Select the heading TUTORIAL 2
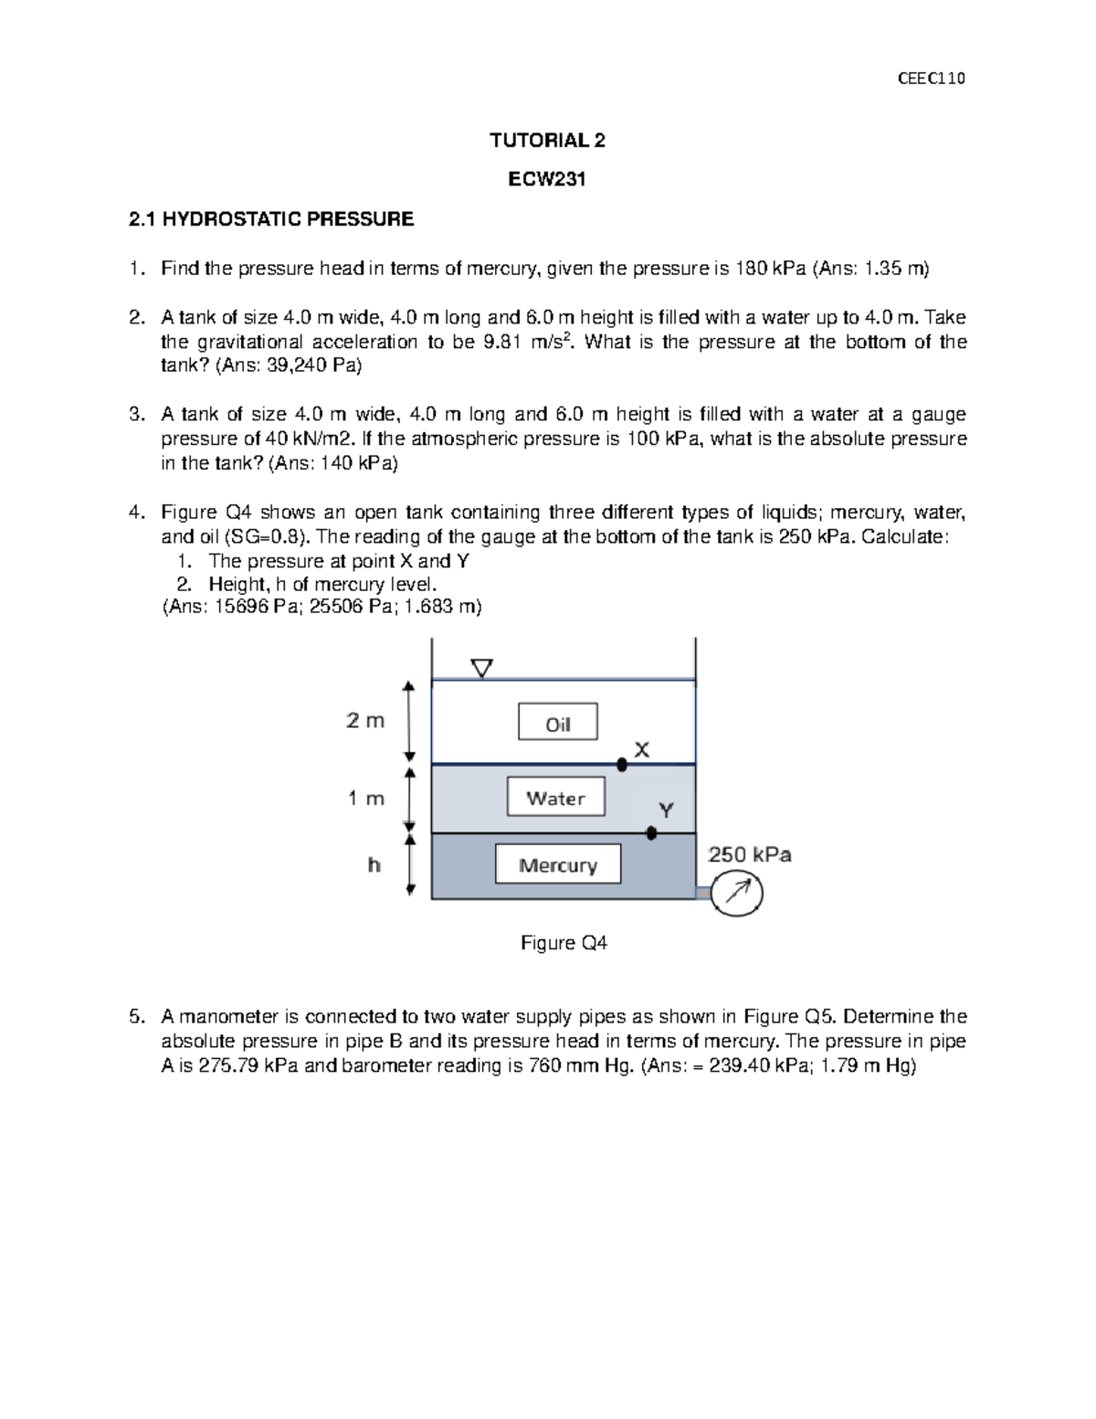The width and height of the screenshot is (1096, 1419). [x=547, y=141]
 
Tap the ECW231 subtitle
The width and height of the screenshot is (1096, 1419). [x=547, y=180]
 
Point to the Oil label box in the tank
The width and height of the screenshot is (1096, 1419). [x=558, y=722]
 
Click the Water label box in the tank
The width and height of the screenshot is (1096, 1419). [x=556, y=797]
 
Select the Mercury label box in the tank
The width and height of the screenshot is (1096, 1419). [x=557, y=864]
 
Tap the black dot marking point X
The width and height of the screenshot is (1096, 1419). [x=622, y=764]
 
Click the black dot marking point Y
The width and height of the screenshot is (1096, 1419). [x=651, y=833]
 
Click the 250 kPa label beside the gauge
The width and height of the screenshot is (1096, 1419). [x=750, y=855]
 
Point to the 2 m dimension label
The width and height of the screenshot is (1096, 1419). [x=365, y=721]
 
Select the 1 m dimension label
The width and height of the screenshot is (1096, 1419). [x=366, y=799]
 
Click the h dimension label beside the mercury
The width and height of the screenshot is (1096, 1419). [x=374, y=864]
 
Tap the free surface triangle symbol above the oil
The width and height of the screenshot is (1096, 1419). [x=481, y=669]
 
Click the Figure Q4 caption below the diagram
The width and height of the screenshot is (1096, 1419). [x=564, y=943]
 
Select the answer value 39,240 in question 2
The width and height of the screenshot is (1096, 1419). [x=300, y=366]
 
